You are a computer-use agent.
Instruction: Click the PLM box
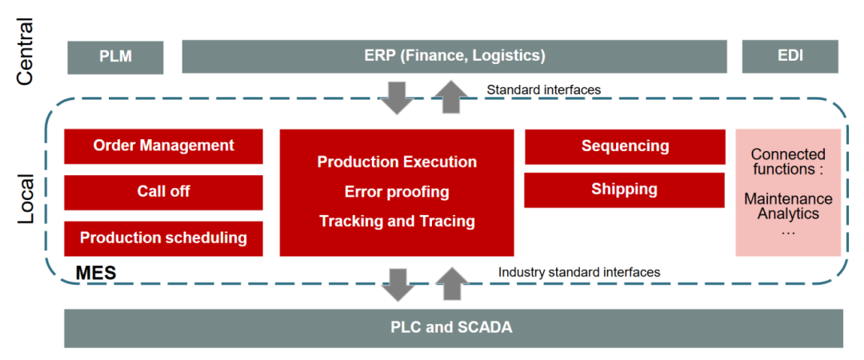pos(115,57)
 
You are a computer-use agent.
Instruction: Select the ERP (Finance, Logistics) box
pos(454,56)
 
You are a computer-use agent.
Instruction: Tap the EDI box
pos(790,56)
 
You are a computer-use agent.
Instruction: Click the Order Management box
pos(164,146)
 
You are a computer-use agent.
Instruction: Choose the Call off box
pos(164,193)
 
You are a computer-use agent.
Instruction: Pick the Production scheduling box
pos(164,238)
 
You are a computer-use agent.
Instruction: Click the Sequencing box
pos(624,146)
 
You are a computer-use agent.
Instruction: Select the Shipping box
pos(624,190)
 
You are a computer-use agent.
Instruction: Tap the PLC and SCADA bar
pos(454,328)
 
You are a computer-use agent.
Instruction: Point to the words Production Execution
pos(397,162)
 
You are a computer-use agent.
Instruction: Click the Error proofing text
pos(397,192)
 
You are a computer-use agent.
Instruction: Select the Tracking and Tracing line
pos(397,221)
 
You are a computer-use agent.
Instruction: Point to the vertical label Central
pos(25,52)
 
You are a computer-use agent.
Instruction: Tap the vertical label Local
pos(25,199)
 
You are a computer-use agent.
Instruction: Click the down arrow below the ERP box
pos(398,97)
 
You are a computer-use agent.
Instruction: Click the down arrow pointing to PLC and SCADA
pos(398,285)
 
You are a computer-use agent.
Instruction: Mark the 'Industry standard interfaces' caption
pos(579,272)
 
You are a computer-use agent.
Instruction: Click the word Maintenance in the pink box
pos(788,198)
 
